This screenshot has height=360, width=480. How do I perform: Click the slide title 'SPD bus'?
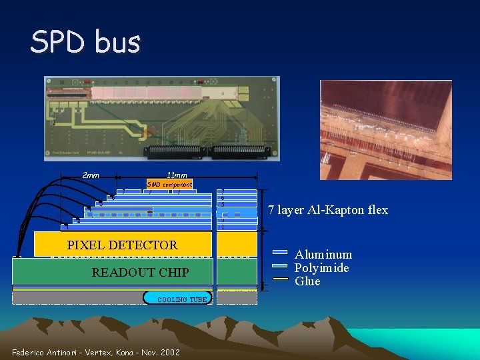[x=85, y=43]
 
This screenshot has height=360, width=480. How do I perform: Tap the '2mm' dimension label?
[x=91, y=175]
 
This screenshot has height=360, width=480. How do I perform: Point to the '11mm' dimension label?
[x=177, y=175]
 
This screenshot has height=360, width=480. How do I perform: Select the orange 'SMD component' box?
[x=169, y=184]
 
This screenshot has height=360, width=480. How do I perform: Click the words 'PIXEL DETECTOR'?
[x=123, y=245]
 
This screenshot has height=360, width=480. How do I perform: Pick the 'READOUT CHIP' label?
[x=140, y=272]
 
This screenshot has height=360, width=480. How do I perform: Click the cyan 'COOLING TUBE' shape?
[x=177, y=299]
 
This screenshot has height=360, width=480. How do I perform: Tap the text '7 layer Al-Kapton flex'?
[x=328, y=210]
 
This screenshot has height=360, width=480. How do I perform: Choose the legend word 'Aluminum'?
[x=323, y=255]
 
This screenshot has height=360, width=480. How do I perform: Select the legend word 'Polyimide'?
[x=322, y=268]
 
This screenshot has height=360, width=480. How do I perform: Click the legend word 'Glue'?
[x=307, y=281]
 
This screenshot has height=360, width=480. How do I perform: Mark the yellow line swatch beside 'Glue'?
[x=281, y=278]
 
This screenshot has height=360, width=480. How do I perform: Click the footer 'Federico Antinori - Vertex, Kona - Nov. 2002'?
[x=96, y=352]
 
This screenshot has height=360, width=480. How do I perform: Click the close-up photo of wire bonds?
[x=385, y=130]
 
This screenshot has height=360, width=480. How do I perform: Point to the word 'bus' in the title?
[x=118, y=43]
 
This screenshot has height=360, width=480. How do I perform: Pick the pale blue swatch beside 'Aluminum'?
[x=281, y=252]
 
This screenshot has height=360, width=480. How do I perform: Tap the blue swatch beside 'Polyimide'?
[x=281, y=265]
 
